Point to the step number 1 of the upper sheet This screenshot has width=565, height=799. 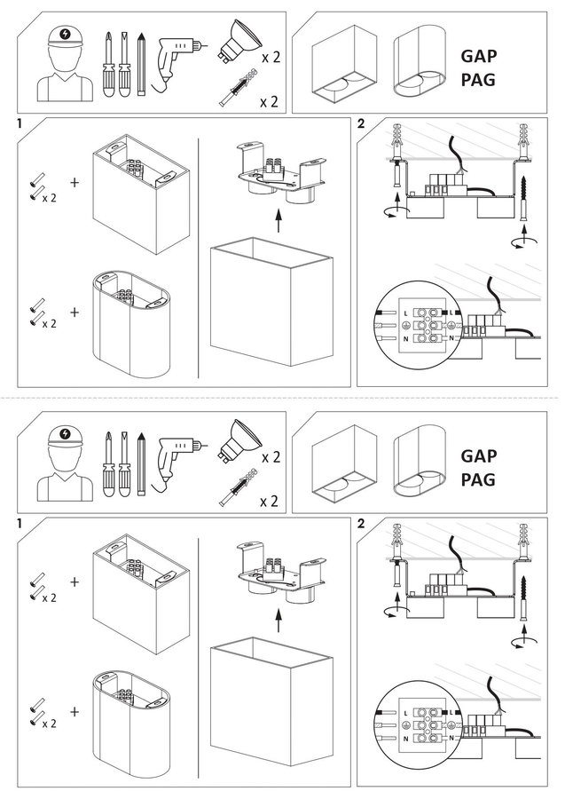19,124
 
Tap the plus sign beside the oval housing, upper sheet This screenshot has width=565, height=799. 75,312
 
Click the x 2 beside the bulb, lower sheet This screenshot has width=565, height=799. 271,457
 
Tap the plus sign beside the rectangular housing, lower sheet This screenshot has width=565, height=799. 75,581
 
